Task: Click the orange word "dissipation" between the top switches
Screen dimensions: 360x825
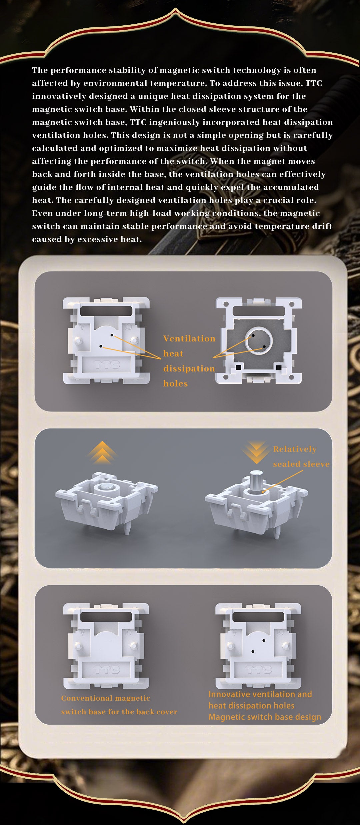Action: [x=189, y=369]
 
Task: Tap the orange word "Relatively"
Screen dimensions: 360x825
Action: [x=295, y=449]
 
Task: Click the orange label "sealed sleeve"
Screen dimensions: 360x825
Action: [x=301, y=464]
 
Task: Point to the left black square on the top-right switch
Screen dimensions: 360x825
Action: [x=238, y=367]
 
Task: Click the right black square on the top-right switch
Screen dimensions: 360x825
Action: [x=279, y=367]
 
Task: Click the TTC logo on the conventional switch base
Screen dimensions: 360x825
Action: [x=106, y=670]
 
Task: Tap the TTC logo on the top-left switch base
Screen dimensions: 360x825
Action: [x=106, y=364]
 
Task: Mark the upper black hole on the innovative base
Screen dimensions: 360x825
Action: [x=264, y=640]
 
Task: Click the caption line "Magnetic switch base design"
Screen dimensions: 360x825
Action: [x=265, y=717]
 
